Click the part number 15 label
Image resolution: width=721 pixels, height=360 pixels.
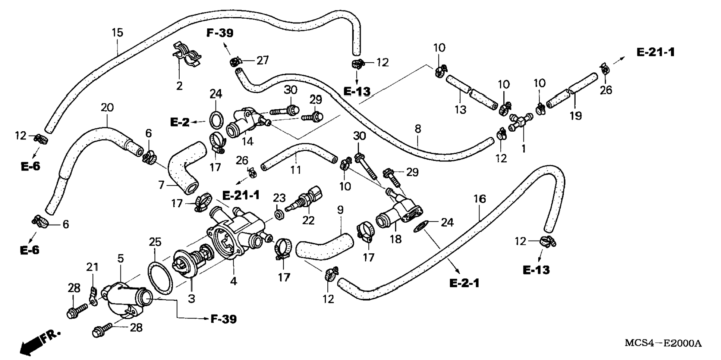pyautogui.click(x=117, y=32)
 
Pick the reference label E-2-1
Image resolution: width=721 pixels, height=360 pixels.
pyautogui.click(x=464, y=283)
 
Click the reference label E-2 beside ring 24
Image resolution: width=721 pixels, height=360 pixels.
pyautogui.click(x=180, y=122)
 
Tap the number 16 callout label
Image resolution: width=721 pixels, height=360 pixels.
pyautogui.click(x=479, y=199)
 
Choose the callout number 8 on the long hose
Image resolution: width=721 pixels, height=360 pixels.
pyautogui.click(x=418, y=129)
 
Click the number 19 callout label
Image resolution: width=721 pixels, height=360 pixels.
pyautogui.click(x=576, y=116)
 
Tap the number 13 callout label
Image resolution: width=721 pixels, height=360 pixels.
pyautogui.click(x=460, y=110)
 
